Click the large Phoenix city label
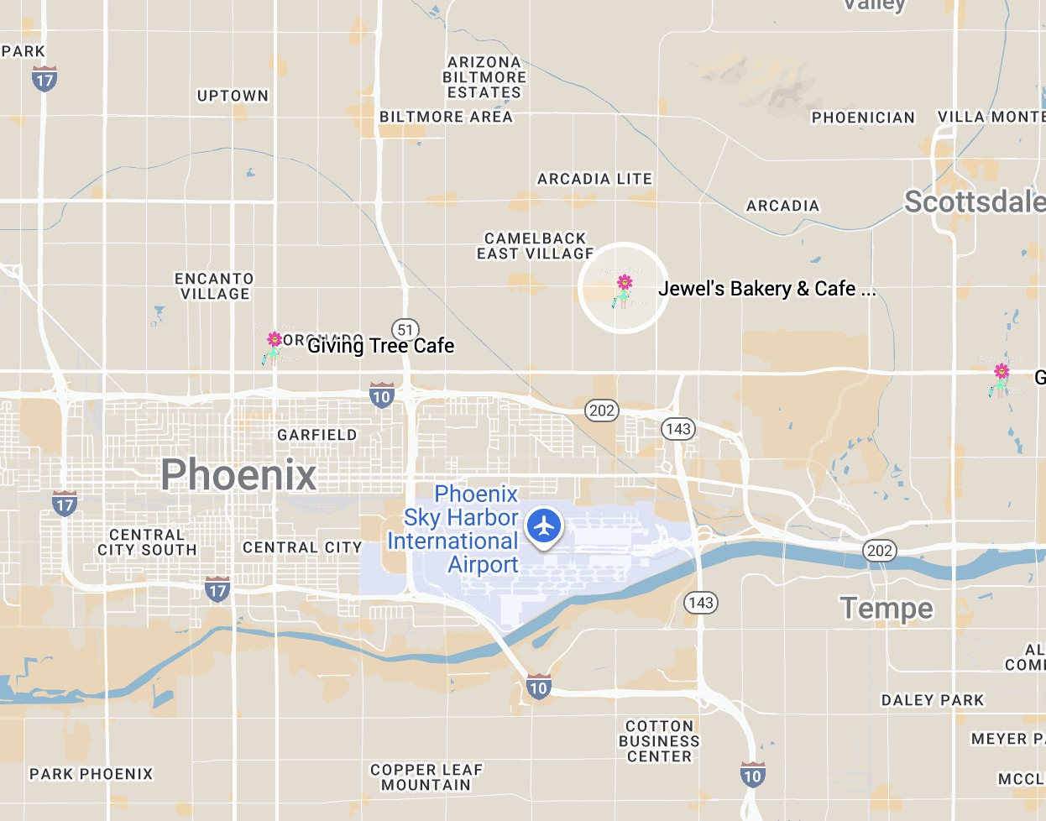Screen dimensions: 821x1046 tap(238, 474)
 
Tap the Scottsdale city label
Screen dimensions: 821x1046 tap(974, 201)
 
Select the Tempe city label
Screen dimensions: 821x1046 tap(886, 608)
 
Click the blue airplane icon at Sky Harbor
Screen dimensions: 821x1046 tap(545, 526)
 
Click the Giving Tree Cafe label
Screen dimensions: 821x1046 tap(380, 346)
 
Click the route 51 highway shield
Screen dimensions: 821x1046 tap(405, 330)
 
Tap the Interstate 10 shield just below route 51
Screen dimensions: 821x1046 tap(382, 395)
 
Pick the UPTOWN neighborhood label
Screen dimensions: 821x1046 tap(233, 96)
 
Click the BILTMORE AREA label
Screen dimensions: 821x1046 tap(446, 117)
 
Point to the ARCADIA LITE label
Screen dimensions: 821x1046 tap(594, 179)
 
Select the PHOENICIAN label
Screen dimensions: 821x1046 tap(863, 118)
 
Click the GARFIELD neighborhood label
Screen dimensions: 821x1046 tap(317, 435)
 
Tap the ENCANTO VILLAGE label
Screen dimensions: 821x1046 tap(214, 286)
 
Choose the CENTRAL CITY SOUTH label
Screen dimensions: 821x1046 tap(147, 542)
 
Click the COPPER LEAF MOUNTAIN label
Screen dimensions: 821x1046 tap(426, 777)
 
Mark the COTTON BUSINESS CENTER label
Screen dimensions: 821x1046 tap(659, 741)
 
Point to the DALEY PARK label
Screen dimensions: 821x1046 tap(932, 700)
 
